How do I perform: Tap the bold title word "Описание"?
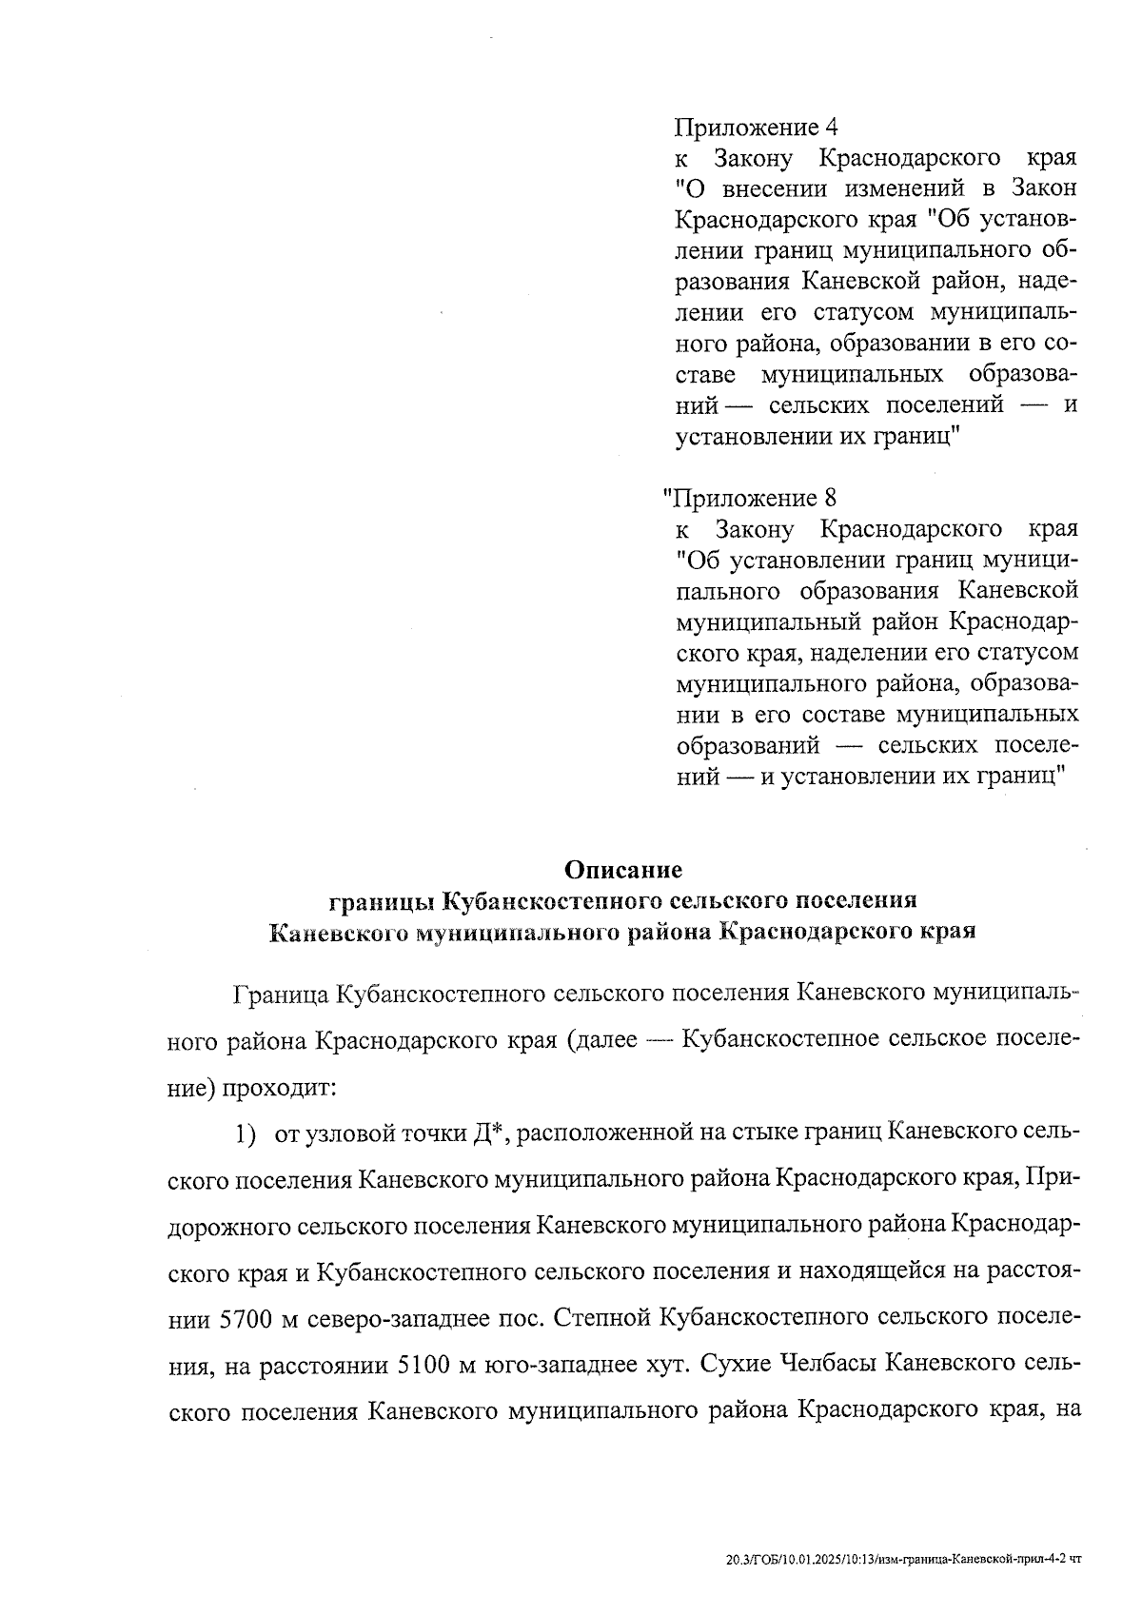pyautogui.click(x=623, y=869)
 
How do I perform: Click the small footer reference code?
pyautogui.click(x=902, y=1558)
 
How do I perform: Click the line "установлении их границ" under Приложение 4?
pyautogui.click(x=817, y=437)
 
